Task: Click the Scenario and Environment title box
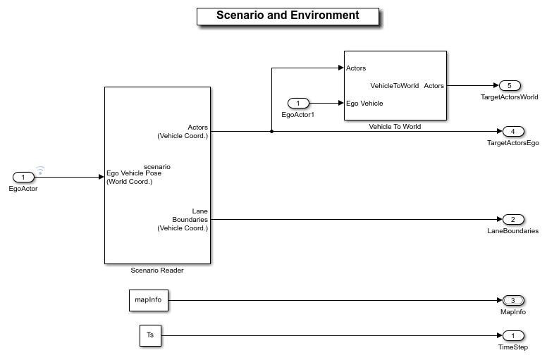pos(288,16)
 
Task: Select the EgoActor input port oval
pos(23,177)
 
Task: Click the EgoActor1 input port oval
pos(297,104)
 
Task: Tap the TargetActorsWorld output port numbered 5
pos(509,85)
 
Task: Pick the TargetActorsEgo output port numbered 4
pos(512,131)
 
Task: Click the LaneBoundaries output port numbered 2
pos(512,219)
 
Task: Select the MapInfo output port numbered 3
pos(512,300)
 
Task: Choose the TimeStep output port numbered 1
pos(512,335)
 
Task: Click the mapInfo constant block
pos(148,300)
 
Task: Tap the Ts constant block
pos(149,335)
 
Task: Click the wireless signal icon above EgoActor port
pos(40,170)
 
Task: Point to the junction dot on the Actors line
pos(271,131)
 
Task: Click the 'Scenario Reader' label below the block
pos(157,270)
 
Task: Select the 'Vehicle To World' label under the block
pos(395,126)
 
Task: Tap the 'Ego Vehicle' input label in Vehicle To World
pos(365,104)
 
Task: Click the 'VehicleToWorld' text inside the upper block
pos(395,85)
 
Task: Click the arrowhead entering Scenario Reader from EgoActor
pos(101,177)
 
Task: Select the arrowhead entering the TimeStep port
pos(499,335)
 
